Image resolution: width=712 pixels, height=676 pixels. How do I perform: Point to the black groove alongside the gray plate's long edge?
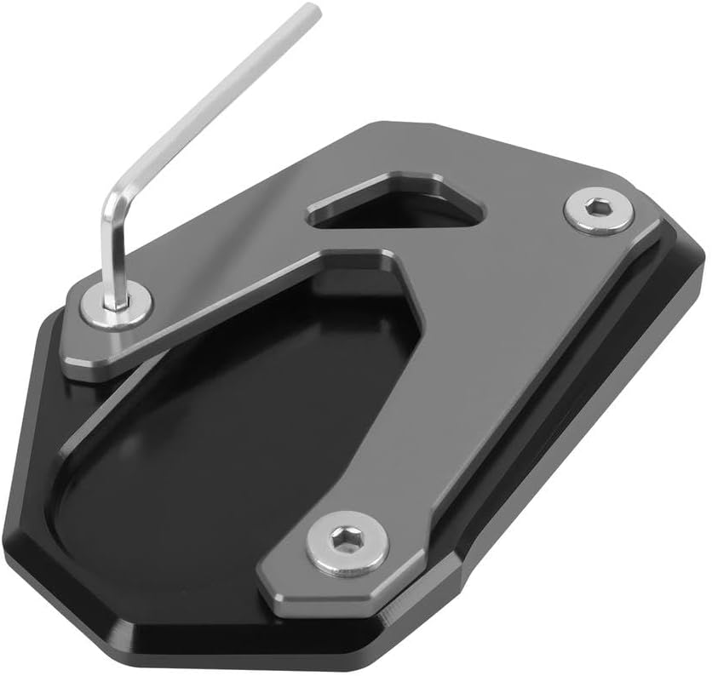click(545, 400)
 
